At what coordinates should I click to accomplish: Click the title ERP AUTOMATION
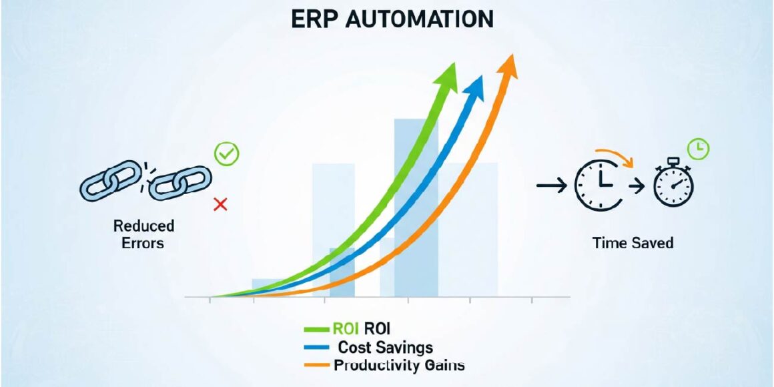click(392, 19)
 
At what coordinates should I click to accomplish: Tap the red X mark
click(220, 204)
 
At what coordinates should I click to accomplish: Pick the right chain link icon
click(179, 182)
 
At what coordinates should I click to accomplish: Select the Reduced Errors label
click(143, 234)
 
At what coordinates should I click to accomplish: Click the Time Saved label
click(633, 242)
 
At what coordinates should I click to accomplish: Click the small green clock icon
click(699, 149)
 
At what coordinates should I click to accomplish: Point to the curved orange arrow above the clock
click(614, 154)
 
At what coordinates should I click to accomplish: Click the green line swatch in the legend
click(316, 329)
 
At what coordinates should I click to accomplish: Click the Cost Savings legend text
click(386, 348)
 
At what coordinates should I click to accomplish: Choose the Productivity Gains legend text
click(399, 366)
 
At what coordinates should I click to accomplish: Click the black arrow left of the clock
click(550, 185)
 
